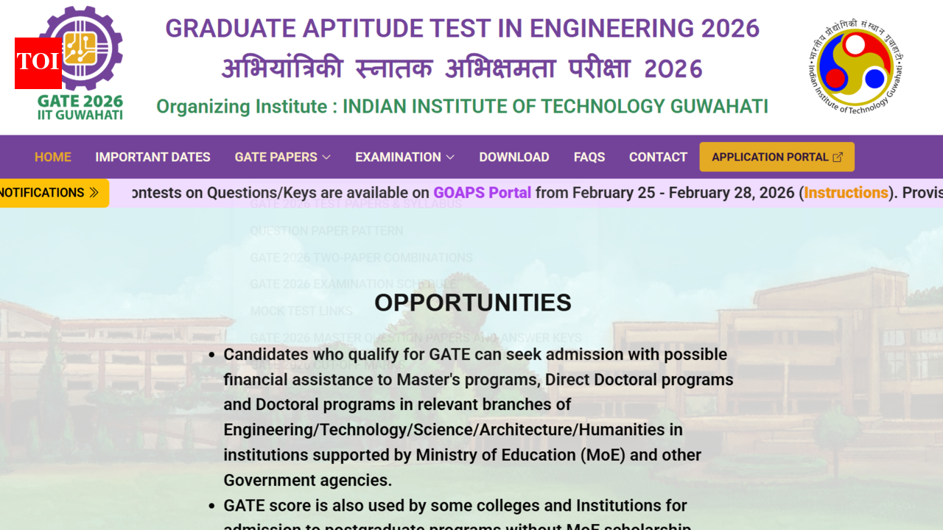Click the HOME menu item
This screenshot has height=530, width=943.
click(x=53, y=157)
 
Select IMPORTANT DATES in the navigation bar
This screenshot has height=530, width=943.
click(x=153, y=157)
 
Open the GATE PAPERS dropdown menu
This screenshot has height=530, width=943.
click(x=276, y=157)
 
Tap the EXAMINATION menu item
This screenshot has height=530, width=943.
click(x=398, y=157)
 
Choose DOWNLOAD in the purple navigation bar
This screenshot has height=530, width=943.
click(x=514, y=157)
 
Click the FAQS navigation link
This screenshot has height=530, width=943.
click(x=589, y=157)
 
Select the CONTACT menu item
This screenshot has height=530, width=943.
click(x=658, y=157)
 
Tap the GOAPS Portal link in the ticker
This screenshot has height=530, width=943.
click(x=482, y=193)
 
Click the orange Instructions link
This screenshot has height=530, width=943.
click(x=846, y=193)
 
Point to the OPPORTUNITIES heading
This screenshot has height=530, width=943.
click(x=473, y=303)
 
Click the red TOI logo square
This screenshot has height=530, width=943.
click(x=38, y=63)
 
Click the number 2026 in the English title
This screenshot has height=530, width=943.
click(x=730, y=29)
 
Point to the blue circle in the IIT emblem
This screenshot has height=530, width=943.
click(x=874, y=78)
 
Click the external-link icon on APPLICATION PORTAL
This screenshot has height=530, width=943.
click(x=838, y=157)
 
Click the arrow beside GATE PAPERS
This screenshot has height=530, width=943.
click(x=326, y=157)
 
